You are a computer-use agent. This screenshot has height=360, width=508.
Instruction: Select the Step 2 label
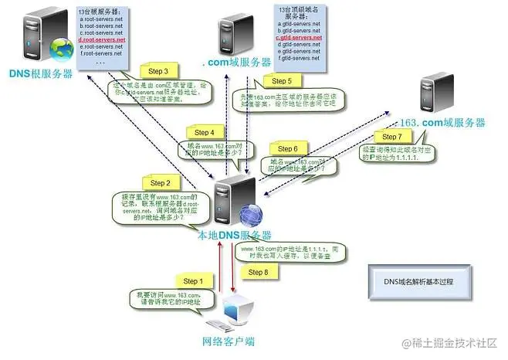(160, 183)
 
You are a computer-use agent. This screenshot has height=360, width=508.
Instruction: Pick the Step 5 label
(279, 80)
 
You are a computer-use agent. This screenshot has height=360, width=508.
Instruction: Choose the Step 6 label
(286, 148)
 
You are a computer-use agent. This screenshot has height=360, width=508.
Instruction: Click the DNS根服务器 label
(40, 73)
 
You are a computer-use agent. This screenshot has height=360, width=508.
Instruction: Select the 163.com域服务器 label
(441, 123)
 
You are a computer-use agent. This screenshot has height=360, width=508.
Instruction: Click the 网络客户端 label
(229, 341)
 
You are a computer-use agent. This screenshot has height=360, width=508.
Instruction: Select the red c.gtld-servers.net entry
(300, 37)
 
